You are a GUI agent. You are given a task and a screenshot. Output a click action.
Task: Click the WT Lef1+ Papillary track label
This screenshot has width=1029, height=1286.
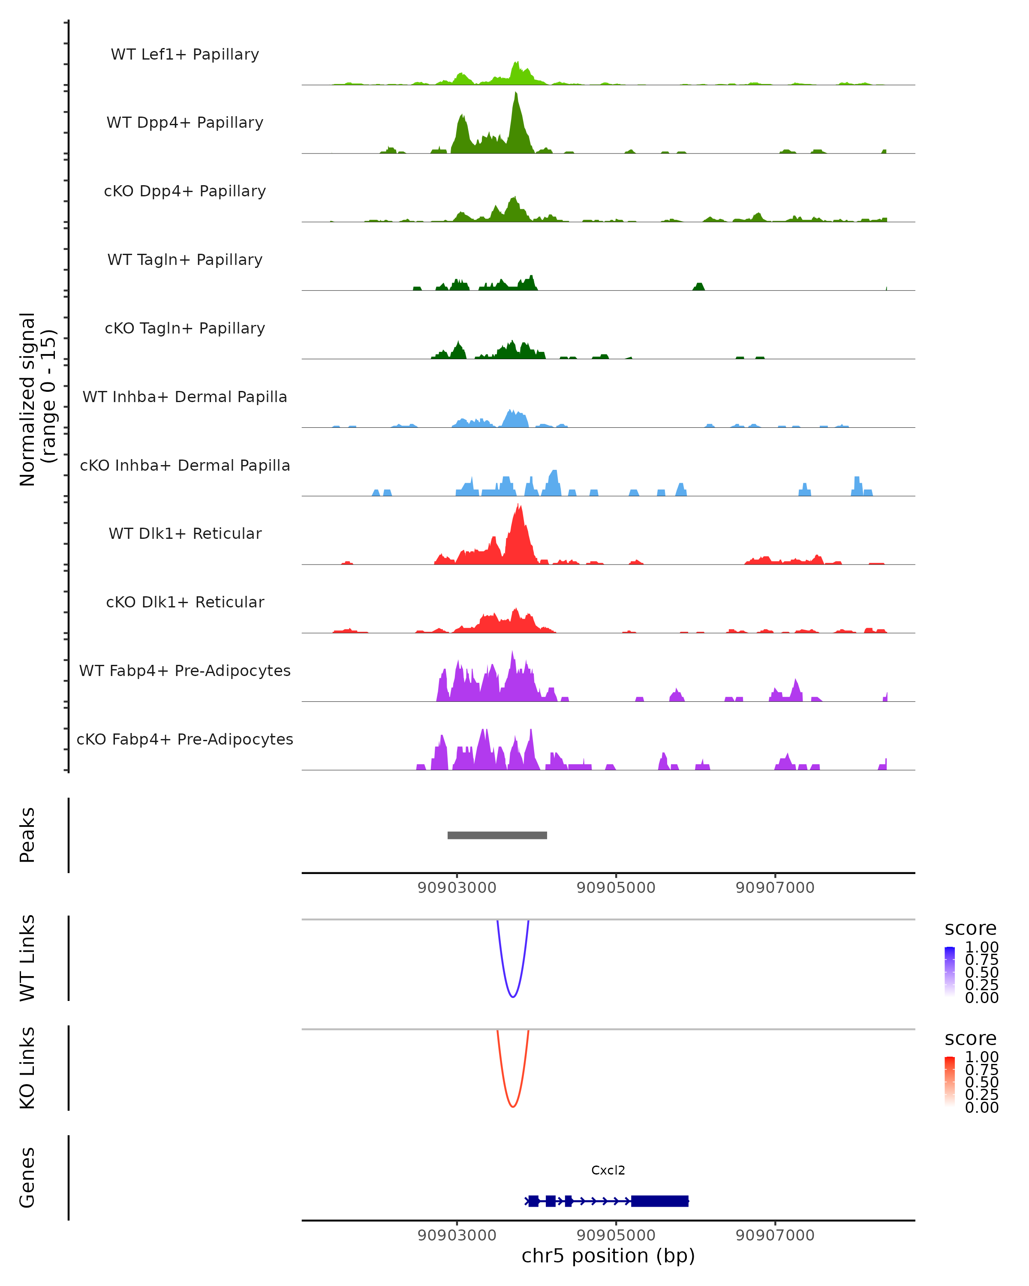185,54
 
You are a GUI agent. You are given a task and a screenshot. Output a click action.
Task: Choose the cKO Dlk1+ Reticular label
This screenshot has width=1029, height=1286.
185,602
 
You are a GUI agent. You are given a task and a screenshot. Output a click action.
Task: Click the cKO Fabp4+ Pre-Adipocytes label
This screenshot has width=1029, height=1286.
185,739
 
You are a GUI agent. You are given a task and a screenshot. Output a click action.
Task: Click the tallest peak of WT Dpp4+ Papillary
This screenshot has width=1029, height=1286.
516,96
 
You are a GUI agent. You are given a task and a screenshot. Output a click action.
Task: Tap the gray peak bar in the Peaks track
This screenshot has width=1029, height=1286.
497,835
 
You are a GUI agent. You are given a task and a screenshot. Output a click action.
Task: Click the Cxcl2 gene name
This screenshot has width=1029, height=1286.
608,1170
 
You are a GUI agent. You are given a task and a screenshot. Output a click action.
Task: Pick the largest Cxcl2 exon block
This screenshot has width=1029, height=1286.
660,1201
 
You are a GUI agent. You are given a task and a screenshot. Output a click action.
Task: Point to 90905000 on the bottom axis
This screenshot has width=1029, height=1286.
616,1235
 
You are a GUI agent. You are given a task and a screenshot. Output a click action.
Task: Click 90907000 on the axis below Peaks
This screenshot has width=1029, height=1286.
775,888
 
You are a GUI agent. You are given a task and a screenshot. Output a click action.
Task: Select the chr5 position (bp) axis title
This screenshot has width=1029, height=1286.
608,1256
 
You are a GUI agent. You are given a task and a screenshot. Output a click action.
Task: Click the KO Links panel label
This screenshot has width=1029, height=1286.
27,1068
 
